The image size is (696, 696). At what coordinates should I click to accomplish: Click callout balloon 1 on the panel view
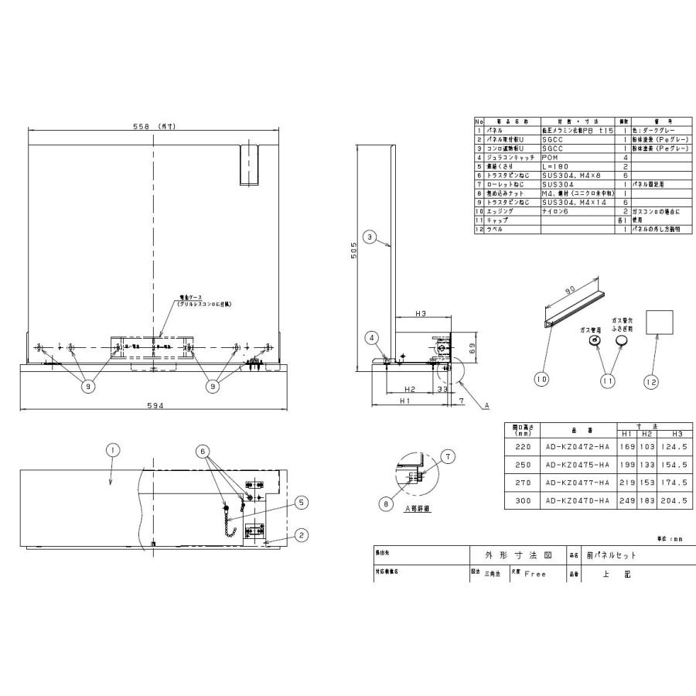[112, 449]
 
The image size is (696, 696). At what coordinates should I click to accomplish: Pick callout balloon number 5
[301, 502]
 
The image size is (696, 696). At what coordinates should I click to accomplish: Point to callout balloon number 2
[301, 534]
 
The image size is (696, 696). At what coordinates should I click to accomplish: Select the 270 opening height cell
[520, 482]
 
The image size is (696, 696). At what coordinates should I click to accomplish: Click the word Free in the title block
[536, 575]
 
